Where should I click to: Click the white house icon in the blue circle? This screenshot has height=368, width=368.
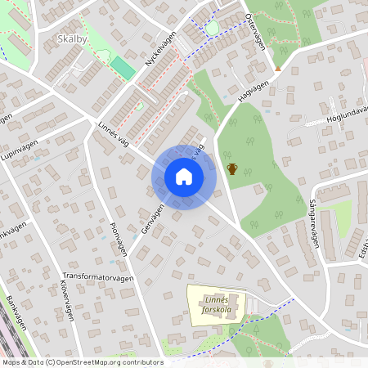tap(183, 177)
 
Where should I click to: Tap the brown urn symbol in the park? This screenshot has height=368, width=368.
tap(232, 169)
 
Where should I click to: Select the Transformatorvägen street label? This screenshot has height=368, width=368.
tap(97, 277)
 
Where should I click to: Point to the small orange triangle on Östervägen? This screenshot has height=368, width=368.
tap(278, 69)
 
